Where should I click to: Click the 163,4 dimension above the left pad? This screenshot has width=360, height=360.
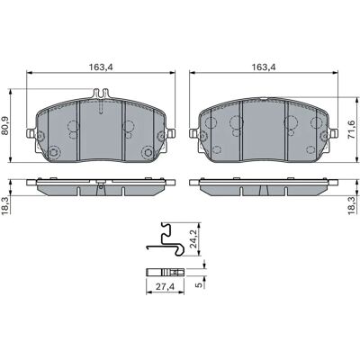pos(101,67)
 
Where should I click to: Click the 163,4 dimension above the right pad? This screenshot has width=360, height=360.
pos(264,67)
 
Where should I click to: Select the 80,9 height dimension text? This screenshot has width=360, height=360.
pos(5,126)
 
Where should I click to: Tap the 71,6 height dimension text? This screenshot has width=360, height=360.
pos(352,130)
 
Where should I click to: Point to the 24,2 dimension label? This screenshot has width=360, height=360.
pos(193,238)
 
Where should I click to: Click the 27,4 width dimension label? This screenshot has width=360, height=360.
pos(165,287)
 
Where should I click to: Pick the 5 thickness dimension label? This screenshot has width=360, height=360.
pos(199,285)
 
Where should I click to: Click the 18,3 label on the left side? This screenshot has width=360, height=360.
pos(5,205)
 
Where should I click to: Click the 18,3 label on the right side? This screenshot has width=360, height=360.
pos(353,205)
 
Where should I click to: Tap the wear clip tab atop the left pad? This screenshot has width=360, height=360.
pos(101,94)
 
